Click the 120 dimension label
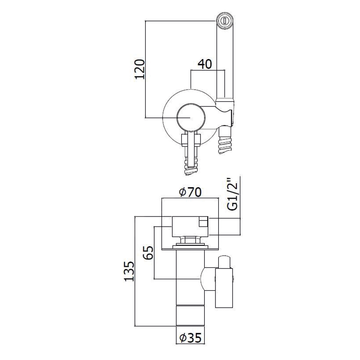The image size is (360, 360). click(x=140, y=69)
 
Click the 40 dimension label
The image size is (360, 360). click(x=205, y=64)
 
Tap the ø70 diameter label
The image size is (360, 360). click(x=190, y=192)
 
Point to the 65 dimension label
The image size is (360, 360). click(x=149, y=253)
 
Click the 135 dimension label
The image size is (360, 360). click(x=129, y=271)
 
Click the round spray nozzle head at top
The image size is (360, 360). click(x=225, y=21)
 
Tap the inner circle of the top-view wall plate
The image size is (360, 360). click(x=190, y=117)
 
